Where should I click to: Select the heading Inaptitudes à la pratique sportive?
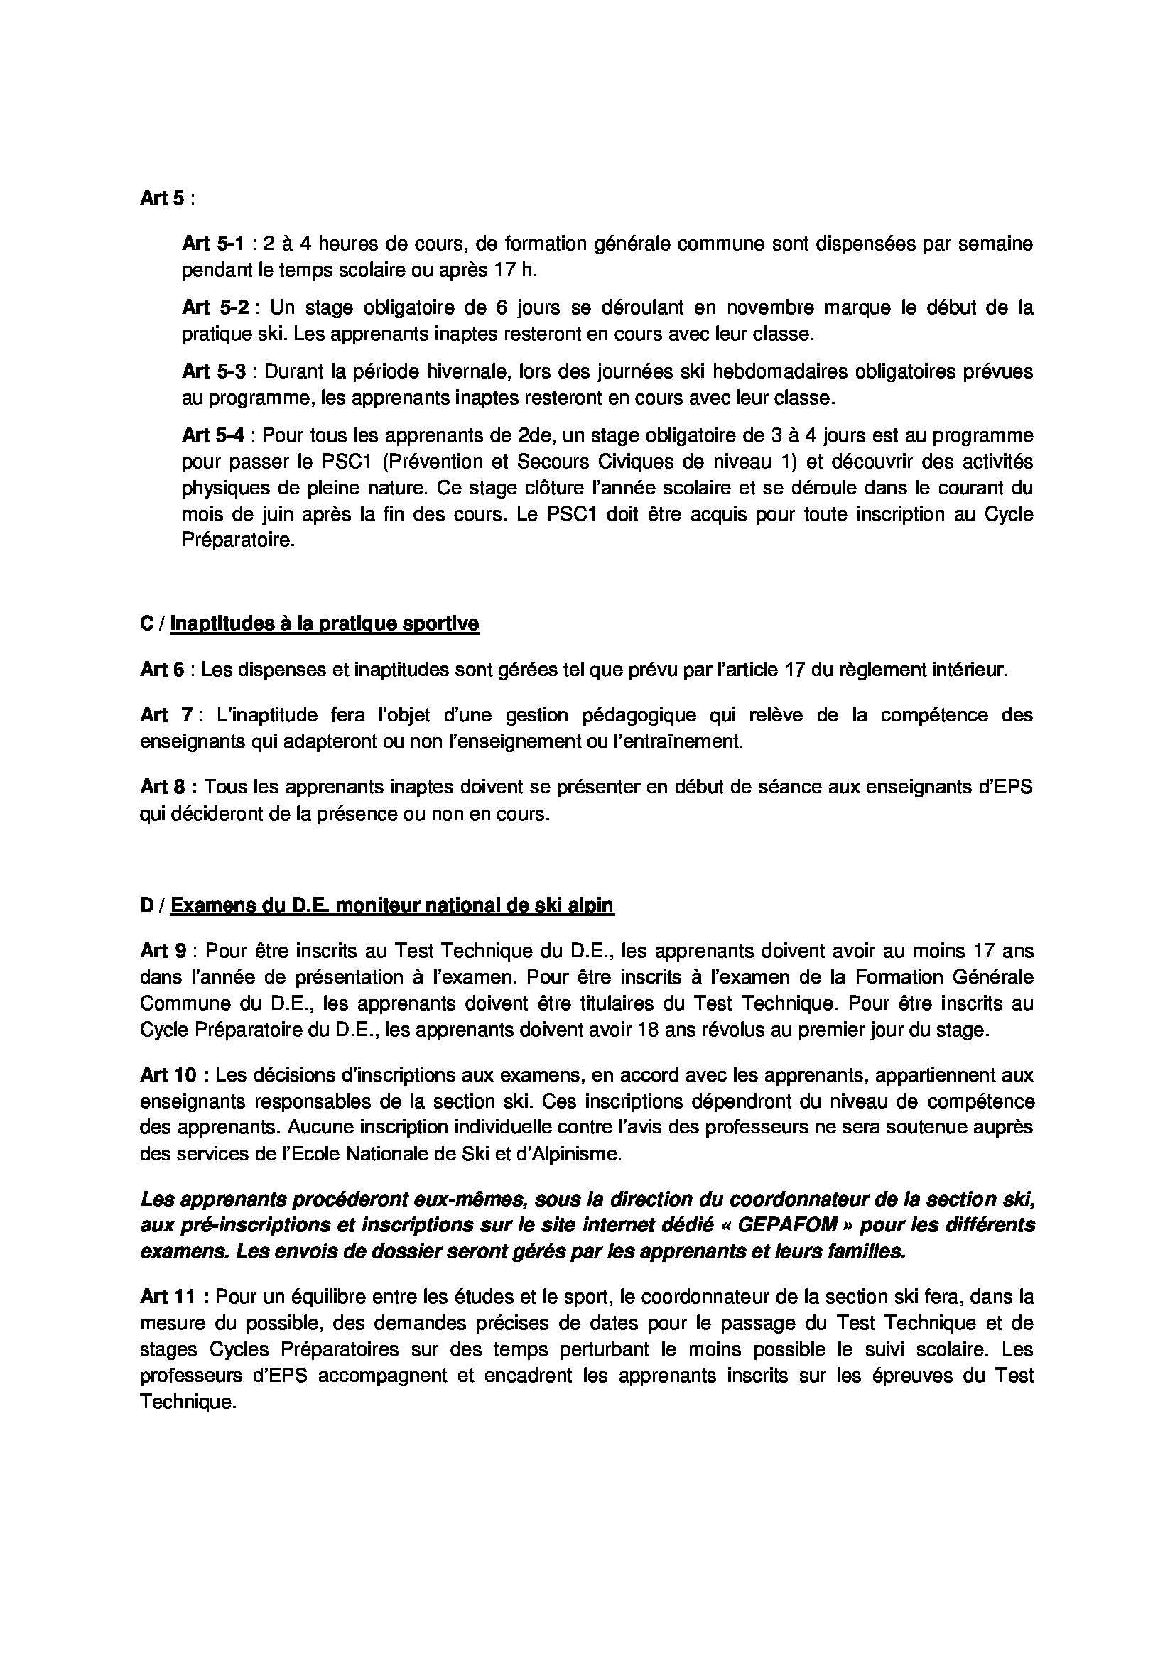(324, 623)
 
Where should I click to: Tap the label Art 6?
(162, 670)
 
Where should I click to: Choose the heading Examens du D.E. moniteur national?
(392, 905)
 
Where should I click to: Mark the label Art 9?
(162, 951)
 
